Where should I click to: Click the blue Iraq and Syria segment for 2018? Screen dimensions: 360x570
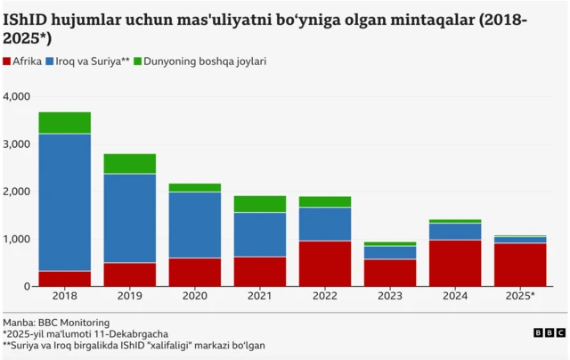pyautogui.click(x=65, y=202)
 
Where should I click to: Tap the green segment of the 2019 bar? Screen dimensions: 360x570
pyautogui.click(x=130, y=164)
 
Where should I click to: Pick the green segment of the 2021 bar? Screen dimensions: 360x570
pyautogui.click(x=259, y=204)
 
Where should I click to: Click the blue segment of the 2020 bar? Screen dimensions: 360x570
pyautogui.click(x=194, y=225)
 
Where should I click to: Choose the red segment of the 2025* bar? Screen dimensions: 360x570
pyautogui.click(x=519, y=265)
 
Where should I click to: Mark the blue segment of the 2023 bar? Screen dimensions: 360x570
pyautogui.click(x=389, y=252)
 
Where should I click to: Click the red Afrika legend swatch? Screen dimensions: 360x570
pyautogui.click(x=8, y=62)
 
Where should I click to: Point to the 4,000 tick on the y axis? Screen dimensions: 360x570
pyautogui.click(x=17, y=96)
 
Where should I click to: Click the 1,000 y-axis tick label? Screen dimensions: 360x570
pyautogui.click(x=17, y=239)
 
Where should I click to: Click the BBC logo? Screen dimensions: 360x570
pyautogui.click(x=549, y=332)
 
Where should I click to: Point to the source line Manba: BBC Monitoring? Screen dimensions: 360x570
pyautogui.click(x=57, y=322)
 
